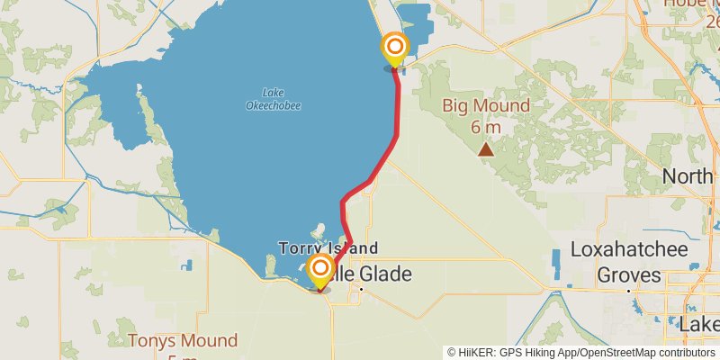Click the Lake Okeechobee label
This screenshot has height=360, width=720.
[x=273, y=99]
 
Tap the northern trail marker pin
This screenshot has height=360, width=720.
[x=394, y=48]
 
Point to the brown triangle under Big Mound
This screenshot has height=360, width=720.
[x=486, y=149]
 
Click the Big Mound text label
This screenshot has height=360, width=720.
[x=485, y=107]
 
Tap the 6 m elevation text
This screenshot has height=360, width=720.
[x=486, y=127]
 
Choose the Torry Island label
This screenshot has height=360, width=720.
[x=328, y=247]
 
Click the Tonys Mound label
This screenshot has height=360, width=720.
[x=183, y=341]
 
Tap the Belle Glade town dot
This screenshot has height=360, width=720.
[x=360, y=290]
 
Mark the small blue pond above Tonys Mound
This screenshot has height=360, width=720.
[x=186, y=265]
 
